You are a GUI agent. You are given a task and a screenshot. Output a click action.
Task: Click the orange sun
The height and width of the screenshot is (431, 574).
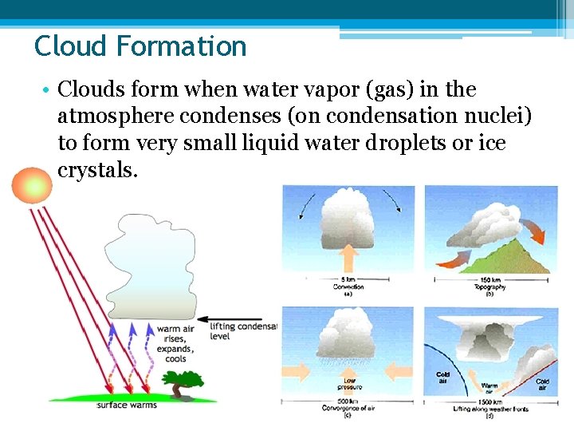tap(29, 187)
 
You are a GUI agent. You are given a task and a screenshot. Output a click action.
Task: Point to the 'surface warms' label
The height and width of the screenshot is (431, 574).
tap(127, 405)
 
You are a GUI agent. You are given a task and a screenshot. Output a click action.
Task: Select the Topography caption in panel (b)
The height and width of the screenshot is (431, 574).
tap(489, 287)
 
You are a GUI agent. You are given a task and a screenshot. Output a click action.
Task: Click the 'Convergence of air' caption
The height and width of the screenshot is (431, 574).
tap(348, 406)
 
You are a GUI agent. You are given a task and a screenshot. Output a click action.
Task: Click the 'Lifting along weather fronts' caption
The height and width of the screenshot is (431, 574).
tap(489, 408)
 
